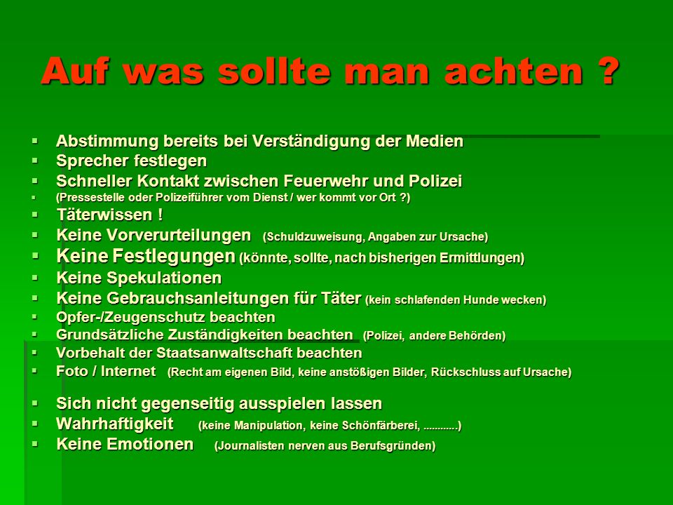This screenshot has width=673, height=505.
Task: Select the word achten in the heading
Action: point(514,70)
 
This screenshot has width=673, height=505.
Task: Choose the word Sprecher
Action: point(91,161)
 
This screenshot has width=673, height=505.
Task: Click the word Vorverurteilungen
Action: point(179,235)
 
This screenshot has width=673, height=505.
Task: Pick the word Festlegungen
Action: point(174,257)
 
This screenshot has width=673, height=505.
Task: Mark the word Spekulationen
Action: point(164,278)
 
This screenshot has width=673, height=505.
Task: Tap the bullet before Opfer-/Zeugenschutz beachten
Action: point(35,316)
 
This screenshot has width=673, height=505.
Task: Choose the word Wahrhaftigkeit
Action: point(114,424)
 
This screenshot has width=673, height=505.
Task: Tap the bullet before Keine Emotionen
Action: point(35,443)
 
